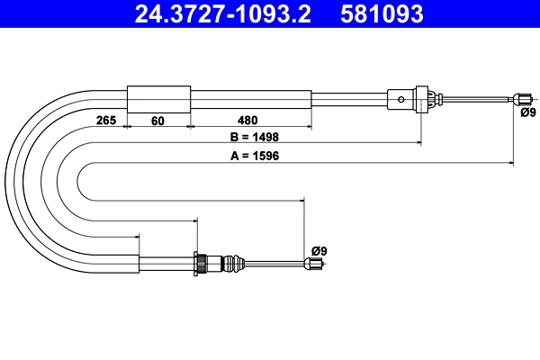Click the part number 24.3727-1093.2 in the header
point(222,14)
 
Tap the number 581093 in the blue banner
point(382,14)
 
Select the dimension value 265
point(106,121)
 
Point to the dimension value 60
point(157,121)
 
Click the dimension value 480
point(247,121)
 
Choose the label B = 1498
point(255,137)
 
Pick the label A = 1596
point(255,156)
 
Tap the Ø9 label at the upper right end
point(528,112)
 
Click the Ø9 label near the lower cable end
point(319,251)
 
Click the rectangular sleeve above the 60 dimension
point(158,99)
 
